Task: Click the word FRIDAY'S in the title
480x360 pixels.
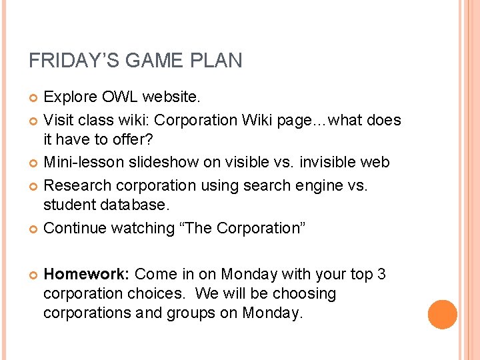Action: point(69,61)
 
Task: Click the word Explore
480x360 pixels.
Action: point(70,97)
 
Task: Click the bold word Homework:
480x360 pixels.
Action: point(87,274)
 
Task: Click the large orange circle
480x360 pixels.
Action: point(443,315)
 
